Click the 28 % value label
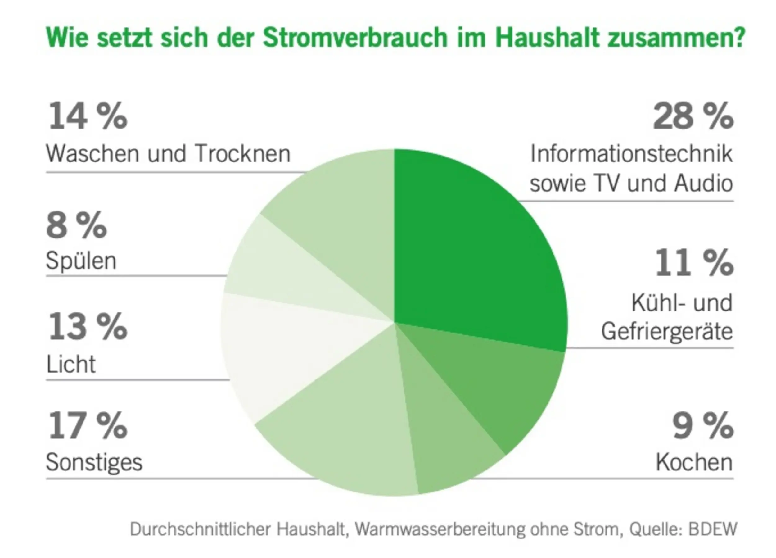pos(693,116)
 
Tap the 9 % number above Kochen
pos(703,427)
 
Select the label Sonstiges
pos(94,463)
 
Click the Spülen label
pos(81,261)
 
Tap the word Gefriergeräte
pos(667,332)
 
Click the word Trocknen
pos(243,154)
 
